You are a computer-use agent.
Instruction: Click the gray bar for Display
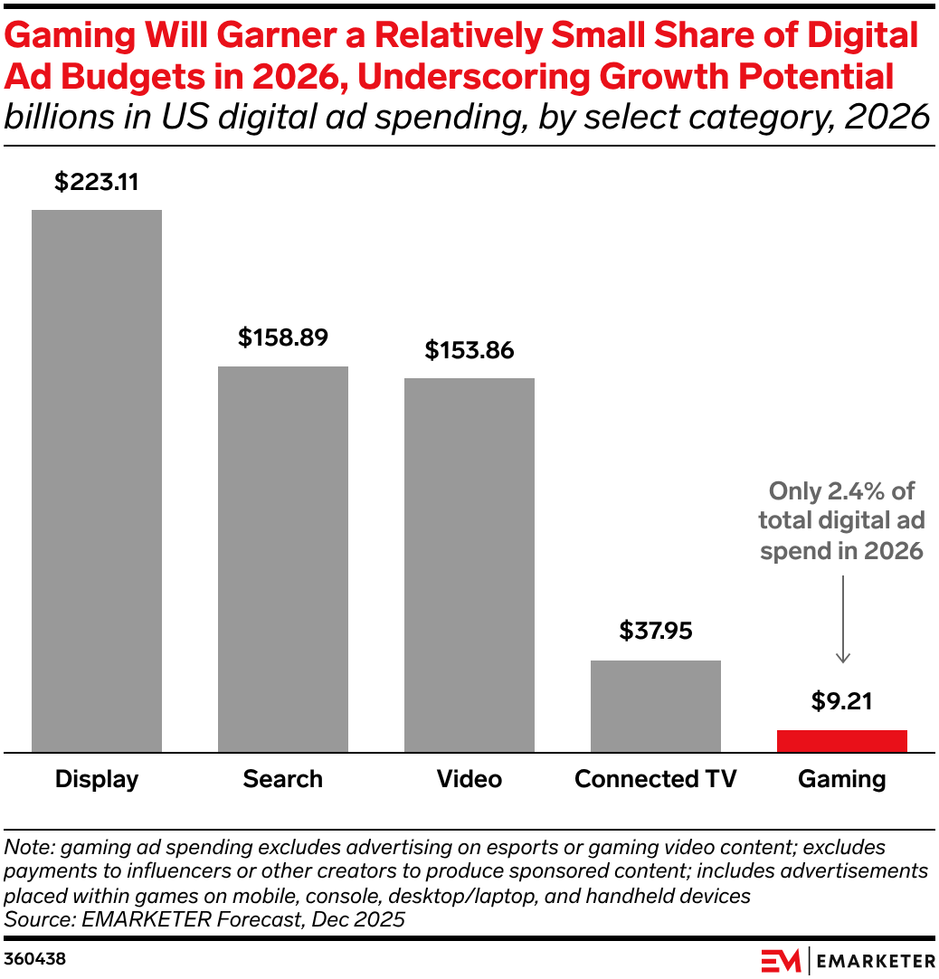click(x=97, y=480)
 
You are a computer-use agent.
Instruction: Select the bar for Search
click(x=283, y=558)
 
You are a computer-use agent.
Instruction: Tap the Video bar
click(x=469, y=565)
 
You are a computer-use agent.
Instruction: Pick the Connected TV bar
click(x=656, y=706)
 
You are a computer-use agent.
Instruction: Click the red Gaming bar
click(x=842, y=741)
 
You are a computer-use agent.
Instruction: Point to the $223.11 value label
click(x=97, y=182)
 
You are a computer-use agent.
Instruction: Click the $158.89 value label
click(x=283, y=338)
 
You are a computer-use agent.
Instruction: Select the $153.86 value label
click(x=469, y=350)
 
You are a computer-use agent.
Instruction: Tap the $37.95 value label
click(x=656, y=631)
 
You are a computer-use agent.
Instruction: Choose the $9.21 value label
click(x=842, y=701)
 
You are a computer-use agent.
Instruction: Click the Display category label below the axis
click(x=97, y=779)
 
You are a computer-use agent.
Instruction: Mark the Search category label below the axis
click(x=283, y=779)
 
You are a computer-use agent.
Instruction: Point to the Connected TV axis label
click(x=656, y=779)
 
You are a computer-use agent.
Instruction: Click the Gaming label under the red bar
click(x=842, y=779)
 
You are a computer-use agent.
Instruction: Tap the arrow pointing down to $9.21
click(x=842, y=624)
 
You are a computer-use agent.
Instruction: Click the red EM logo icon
click(x=779, y=960)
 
